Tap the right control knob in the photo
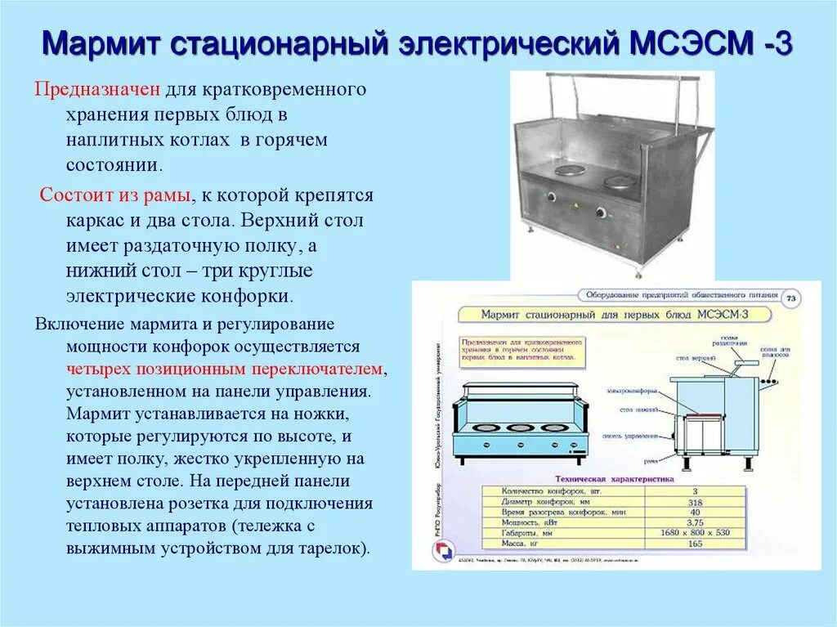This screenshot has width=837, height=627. (x=602, y=213)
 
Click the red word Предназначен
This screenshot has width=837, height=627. (x=98, y=88)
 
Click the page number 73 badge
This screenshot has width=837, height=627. (x=790, y=299)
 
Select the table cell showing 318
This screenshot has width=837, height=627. (x=696, y=503)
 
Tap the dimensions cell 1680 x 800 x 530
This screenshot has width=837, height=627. (x=696, y=532)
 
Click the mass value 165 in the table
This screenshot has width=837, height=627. (x=696, y=543)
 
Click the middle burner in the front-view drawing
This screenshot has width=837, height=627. (x=517, y=426)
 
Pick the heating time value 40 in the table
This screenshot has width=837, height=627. (x=696, y=513)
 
